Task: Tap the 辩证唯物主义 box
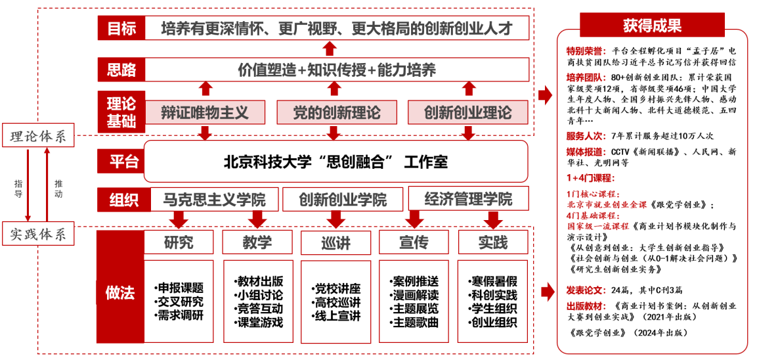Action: pos(205,112)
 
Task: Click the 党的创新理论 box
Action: pos(336,112)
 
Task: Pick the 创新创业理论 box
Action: pos(467,112)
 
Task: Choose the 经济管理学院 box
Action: pos(468,198)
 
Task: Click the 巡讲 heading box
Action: pos(335,242)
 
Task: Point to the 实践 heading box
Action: pos(492,242)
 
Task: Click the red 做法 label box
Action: pos(119,293)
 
